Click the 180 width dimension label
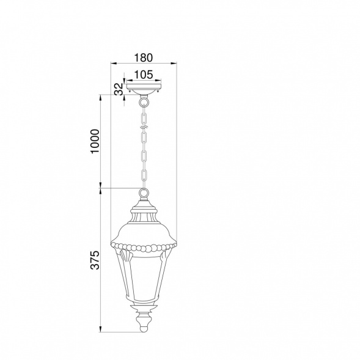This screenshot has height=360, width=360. click(x=143, y=57)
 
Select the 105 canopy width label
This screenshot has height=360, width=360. click(x=143, y=75)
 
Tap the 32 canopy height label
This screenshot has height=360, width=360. click(x=119, y=89)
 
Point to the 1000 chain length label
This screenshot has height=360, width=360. click(x=95, y=141)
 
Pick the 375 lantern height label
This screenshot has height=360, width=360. click(x=95, y=260)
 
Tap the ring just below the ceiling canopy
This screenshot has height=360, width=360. click(x=144, y=101)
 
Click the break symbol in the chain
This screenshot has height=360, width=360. click(x=144, y=127)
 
